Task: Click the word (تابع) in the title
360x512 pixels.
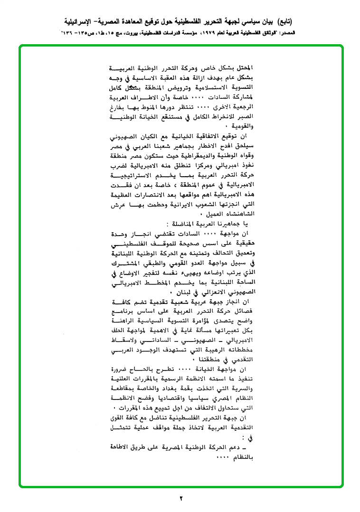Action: tap(282, 21)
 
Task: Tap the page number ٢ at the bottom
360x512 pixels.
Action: tap(180, 498)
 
